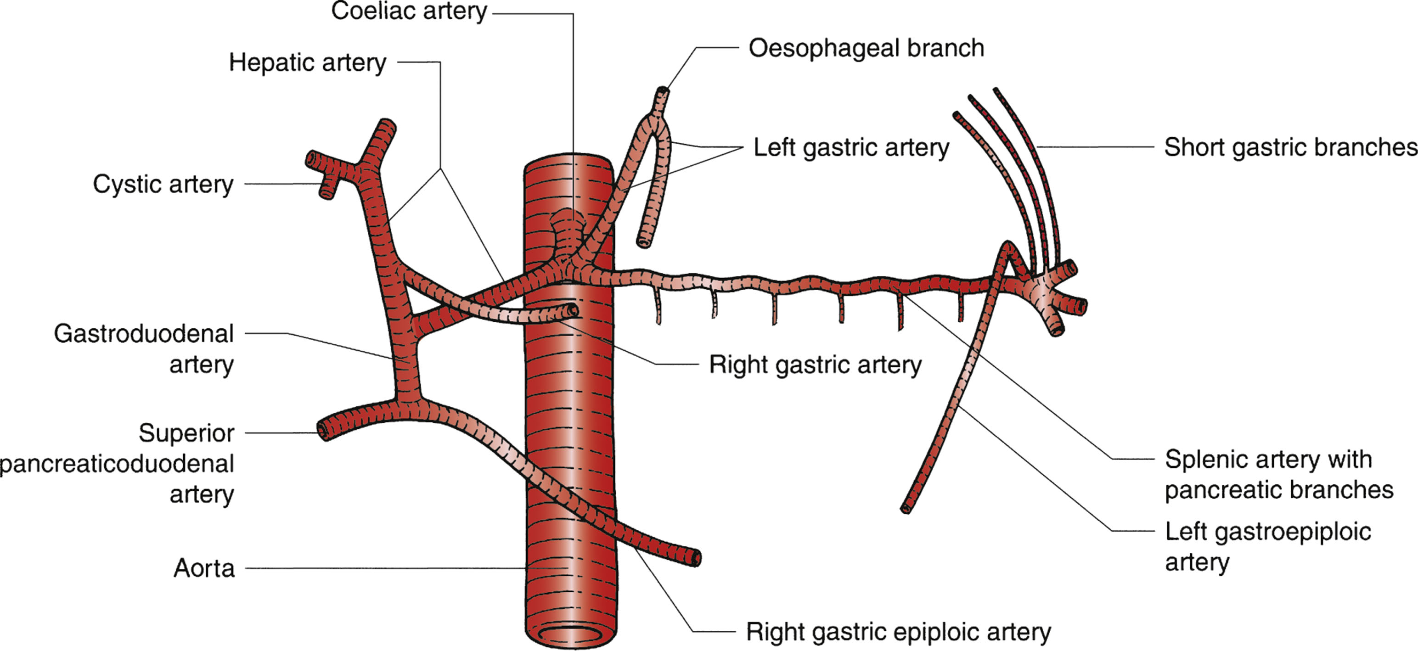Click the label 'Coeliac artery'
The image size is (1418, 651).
click(x=409, y=11)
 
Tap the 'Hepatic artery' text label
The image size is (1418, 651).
click(x=307, y=62)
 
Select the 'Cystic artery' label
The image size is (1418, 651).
click(x=163, y=184)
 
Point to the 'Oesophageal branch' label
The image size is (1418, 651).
click(x=866, y=48)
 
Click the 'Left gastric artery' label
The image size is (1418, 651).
click(x=851, y=147)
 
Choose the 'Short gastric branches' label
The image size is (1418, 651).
click(x=1290, y=147)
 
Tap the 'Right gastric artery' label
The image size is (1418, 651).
click(x=815, y=365)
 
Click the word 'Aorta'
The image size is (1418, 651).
click(x=204, y=568)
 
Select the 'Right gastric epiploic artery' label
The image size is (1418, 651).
click(x=898, y=632)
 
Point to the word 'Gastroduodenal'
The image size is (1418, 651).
click(x=144, y=333)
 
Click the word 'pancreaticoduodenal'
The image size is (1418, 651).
click(x=117, y=463)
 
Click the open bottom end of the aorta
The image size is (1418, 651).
click(x=571, y=635)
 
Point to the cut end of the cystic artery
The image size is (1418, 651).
click(x=327, y=192)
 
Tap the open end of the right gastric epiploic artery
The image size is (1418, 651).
click(x=696, y=559)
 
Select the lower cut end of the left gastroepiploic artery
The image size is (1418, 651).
click(x=906, y=509)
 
